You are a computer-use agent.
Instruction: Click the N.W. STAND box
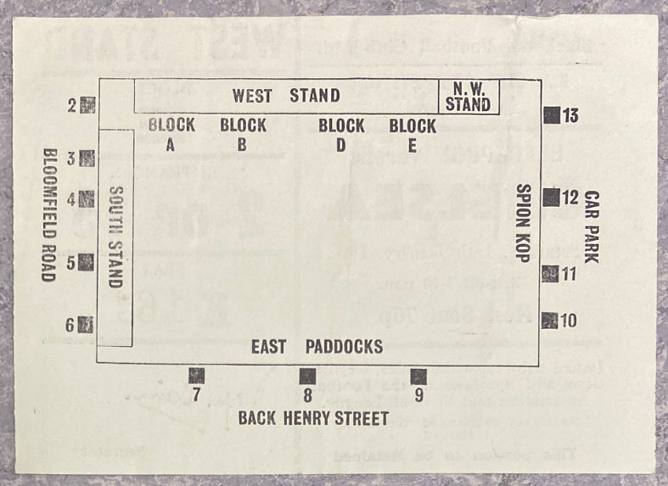(468, 97)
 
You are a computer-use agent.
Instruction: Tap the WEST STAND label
(286, 95)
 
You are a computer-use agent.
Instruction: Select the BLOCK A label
(171, 134)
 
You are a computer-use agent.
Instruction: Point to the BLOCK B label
(243, 134)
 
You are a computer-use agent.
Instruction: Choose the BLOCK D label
(341, 134)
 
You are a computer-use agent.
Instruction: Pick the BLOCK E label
(413, 134)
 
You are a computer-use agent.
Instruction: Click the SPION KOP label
(524, 223)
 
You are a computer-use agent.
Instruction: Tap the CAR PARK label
(592, 226)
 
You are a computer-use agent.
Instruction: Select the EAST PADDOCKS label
(317, 347)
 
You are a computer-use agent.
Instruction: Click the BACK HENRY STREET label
(313, 418)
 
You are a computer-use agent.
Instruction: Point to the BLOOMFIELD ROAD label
(49, 215)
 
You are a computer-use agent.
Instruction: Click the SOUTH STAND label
(116, 237)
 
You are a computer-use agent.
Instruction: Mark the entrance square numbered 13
(552, 115)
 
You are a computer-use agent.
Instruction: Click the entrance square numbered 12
(551, 197)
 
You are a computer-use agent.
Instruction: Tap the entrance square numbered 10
(550, 320)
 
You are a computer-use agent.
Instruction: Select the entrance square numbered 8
(307, 376)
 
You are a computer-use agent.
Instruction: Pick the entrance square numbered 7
(197, 375)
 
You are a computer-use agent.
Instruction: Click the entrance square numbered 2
(87, 106)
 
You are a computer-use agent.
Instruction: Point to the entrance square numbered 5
(86, 262)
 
